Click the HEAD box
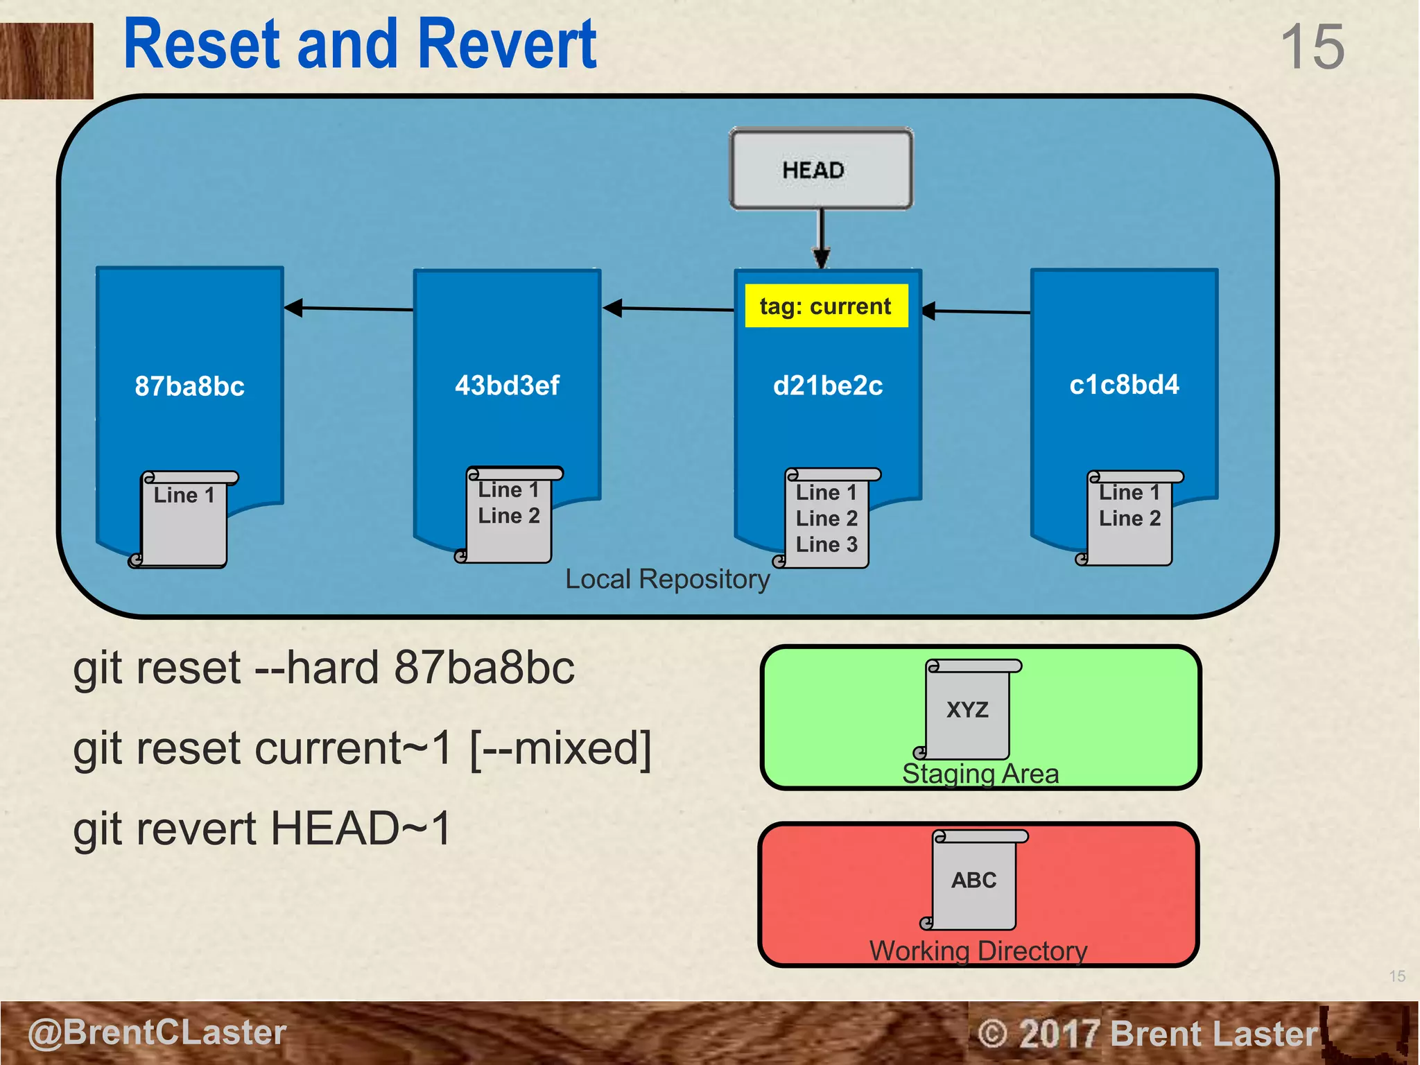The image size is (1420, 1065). point(821,169)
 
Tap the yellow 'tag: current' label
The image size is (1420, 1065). point(826,306)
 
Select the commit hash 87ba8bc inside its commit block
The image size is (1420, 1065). point(189,386)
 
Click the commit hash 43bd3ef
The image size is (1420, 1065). point(507,386)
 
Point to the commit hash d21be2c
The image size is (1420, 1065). point(828,386)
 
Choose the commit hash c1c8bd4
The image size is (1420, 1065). point(1124,385)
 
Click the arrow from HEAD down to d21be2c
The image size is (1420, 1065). point(822,239)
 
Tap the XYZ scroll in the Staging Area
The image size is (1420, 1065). point(968,710)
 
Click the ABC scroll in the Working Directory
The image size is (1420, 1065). point(974,881)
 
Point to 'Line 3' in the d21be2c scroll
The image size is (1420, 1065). point(826,545)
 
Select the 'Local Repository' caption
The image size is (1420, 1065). point(667,579)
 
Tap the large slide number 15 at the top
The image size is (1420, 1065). point(1312,47)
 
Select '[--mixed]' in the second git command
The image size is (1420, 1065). point(560,749)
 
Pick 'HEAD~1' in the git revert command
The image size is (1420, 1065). point(361,829)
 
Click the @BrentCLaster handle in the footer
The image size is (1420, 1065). point(157,1032)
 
